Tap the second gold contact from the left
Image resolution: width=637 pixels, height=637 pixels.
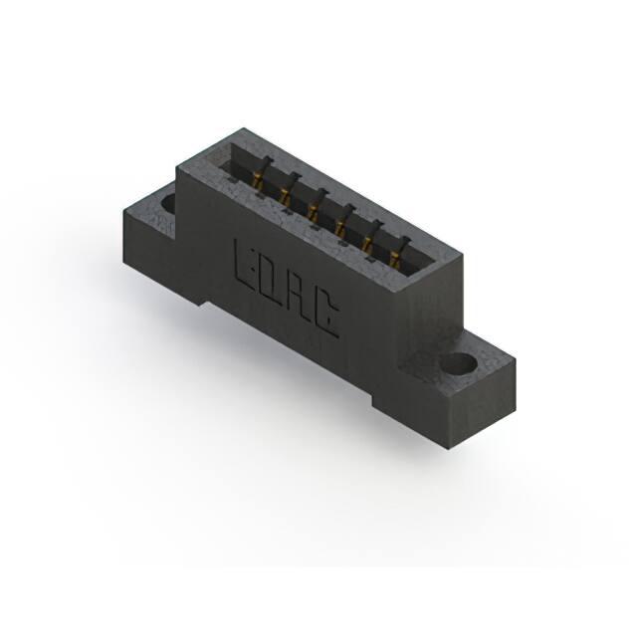point(285,195)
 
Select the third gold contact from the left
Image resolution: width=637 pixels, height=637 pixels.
point(313,211)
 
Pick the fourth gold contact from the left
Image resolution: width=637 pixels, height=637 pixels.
point(340,228)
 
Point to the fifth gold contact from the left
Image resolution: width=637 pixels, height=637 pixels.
point(367,245)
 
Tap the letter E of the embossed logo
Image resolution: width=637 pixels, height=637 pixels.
point(245,263)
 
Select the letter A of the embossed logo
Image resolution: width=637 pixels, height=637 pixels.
point(301,297)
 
